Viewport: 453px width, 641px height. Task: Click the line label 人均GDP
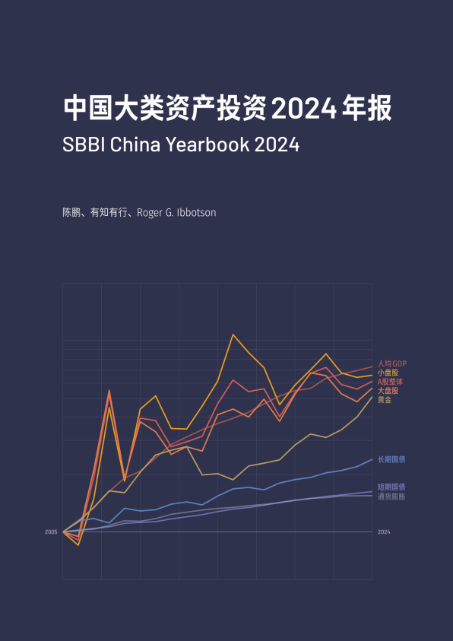pos(392,363)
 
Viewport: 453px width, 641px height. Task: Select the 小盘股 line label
pos(388,373)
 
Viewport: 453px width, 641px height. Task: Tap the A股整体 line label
pos(390,382)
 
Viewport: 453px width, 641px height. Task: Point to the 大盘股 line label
pos(388,391)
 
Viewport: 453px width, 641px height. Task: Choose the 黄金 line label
pos(385,400)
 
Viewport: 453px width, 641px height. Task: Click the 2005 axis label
pos(51,532)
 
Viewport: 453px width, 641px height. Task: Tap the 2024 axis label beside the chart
pos(384,532)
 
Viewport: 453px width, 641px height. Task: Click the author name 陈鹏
pos(71,213)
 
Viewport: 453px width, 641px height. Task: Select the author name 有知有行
pos(107,213)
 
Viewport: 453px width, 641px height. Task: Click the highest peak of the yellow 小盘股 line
pos(233,335)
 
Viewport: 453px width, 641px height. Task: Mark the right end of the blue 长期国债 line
pos(372,459)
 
